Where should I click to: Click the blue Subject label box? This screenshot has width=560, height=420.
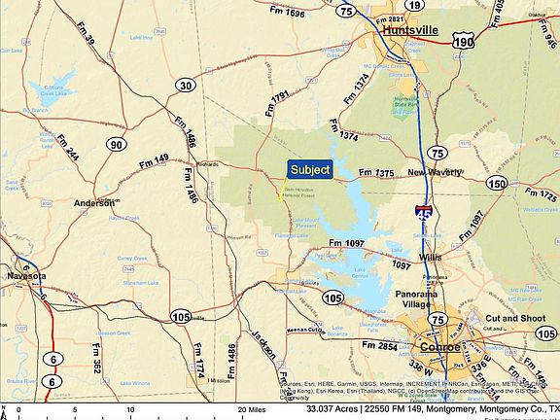(x=310, y=169)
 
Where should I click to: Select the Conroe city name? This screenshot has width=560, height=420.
(x=440, y=347)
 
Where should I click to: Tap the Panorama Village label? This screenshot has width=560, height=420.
(x=419, y=298)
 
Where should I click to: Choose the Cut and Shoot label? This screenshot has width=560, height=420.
(x=513, y=318)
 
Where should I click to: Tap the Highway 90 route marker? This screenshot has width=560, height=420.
(x=117, y=145)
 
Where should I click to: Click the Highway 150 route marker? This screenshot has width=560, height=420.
(x=497, y=183)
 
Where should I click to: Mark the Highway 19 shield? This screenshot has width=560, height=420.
(x=414, y=5)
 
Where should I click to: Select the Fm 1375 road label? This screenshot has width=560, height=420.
(x=376, y=173)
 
